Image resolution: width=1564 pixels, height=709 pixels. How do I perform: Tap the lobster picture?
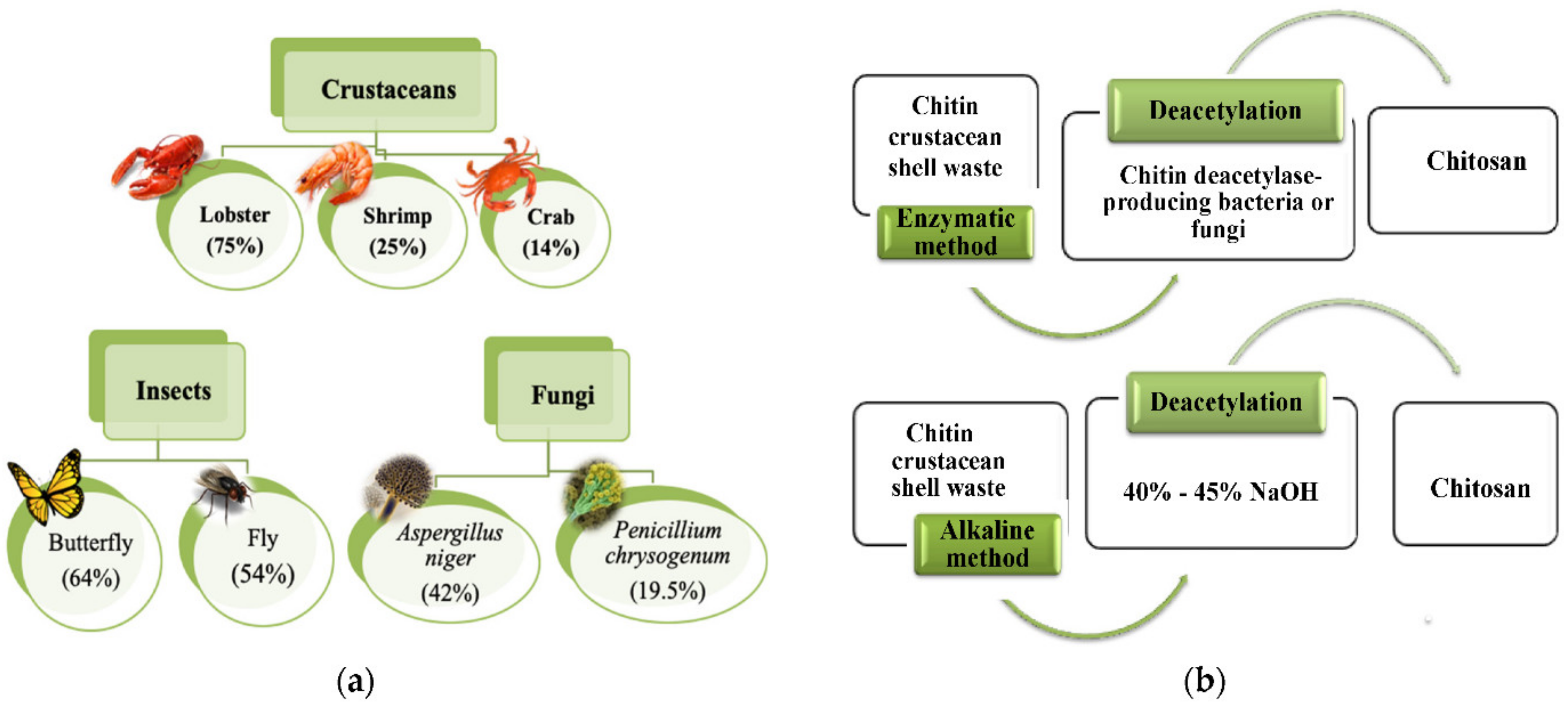pos(159,167)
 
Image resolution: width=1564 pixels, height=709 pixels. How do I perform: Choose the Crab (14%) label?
pos(550,232)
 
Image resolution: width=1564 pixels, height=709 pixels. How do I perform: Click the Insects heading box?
pos(173,390)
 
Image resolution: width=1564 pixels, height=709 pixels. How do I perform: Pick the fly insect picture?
pos(223,491)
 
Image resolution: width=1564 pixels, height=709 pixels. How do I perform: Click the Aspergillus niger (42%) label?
pos(450,561)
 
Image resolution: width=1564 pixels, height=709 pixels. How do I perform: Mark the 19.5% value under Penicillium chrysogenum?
pos(667,590)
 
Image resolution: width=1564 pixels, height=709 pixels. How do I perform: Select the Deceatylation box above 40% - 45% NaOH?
pos(1226,402)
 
